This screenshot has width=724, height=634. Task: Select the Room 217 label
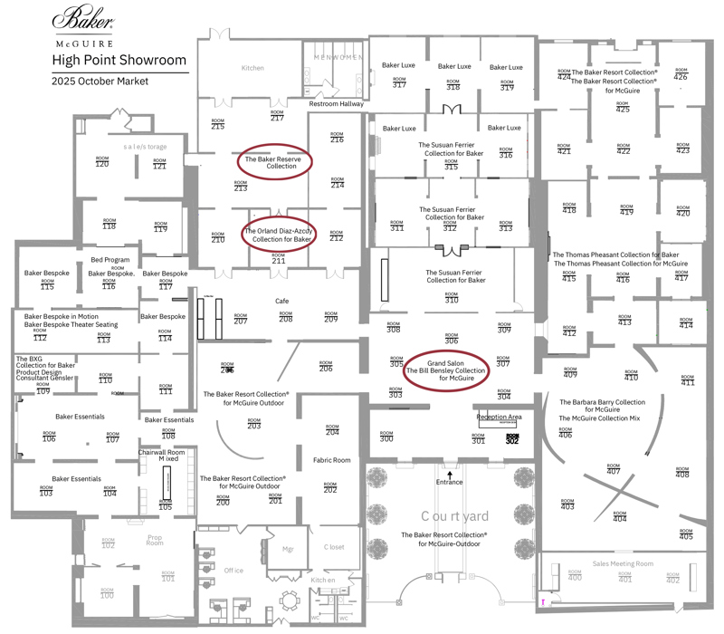point(278,116)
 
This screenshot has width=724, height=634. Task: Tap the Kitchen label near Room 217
point(252,68)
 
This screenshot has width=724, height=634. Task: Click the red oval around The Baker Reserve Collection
point(275,162)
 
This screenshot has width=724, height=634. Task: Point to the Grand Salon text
point(445,362)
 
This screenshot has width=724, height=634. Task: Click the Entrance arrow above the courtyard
point(449,474)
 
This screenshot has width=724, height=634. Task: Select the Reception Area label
point(500,418)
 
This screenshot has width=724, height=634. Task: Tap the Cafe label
point(281,301)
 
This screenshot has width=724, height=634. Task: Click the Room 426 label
point(681,75)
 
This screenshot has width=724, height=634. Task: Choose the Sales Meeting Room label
point(623,563)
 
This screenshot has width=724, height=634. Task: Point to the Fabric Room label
point(330,460)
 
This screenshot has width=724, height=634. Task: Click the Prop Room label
point(156,541)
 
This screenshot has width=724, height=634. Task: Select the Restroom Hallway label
point(337,104)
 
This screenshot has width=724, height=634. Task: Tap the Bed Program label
point(110,260)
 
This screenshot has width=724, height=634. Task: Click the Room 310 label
point(451,298)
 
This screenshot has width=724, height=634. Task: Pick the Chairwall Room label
point(162,452)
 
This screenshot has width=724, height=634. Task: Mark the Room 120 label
point(102,162)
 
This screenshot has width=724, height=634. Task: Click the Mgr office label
point(289,549)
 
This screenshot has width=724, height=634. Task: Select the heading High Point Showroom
point(119,61)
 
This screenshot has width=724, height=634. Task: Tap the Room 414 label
point(686,324)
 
